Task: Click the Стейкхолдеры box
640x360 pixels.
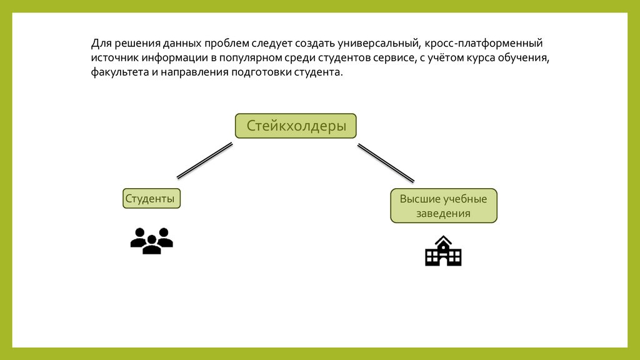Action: pyautogui.click(x=296, y=126)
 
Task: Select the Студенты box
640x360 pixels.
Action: pyautogui.click(x=151, y=199)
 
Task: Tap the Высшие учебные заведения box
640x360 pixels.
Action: pyautogui.click(x=444, y=206)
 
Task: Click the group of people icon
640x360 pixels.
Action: pyautogui.click(x=151, y=241)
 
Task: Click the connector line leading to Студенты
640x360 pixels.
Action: pyautogui.click(x=204, y=161)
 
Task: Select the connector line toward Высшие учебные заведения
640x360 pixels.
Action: pyautogui.click(x=386, y=162)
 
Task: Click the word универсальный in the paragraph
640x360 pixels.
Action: pyautogui.click(x=377, y=44)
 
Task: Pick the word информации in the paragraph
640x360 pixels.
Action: pyautogui.click(x=169, y=58)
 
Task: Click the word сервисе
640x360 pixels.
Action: pyautogui.click(x=387, y=58)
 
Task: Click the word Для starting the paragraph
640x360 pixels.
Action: pyautogui.click(x=101, y=44)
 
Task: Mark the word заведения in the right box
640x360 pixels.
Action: pyautogui.click(x=444, y=213)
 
